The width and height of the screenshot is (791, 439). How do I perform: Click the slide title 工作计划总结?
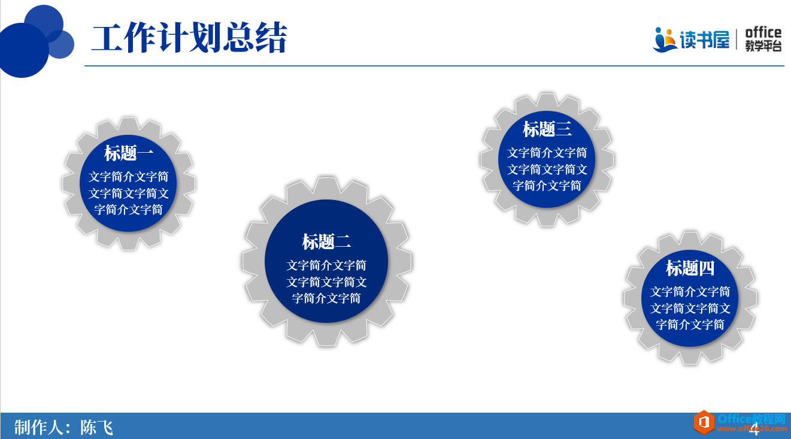[x=189, y=38]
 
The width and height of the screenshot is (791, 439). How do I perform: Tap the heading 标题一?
[x=129, y=153]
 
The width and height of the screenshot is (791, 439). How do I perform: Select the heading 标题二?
[x=326, y=242]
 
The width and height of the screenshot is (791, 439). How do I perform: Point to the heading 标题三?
[x=547, y=129]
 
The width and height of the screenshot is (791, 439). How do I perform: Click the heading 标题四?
[x=690, y=268]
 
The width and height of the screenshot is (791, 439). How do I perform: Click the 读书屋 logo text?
[x=704, y=40]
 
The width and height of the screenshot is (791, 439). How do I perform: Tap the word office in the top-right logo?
[x=763, y=32]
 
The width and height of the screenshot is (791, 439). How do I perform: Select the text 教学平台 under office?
[x=763, y=47]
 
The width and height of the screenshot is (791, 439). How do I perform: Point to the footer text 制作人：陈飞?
[x=63, y=427]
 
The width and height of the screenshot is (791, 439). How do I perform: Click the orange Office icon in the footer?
[x=704, y=422]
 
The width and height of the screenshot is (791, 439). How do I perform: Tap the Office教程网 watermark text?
[x=751, y=419]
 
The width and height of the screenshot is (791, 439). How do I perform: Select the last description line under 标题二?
[x=326, y=298]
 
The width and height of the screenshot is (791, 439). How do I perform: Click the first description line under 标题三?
[x=547, y=153]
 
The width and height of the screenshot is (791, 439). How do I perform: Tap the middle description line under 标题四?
[x=690, y=308]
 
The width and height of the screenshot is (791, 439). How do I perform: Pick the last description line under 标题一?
[x=129, y=210]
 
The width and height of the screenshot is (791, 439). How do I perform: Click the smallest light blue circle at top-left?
[x=60, y=44]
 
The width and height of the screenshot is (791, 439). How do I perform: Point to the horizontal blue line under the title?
[x=434, y=65]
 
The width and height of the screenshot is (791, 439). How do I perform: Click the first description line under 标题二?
[x=326, y=265]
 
